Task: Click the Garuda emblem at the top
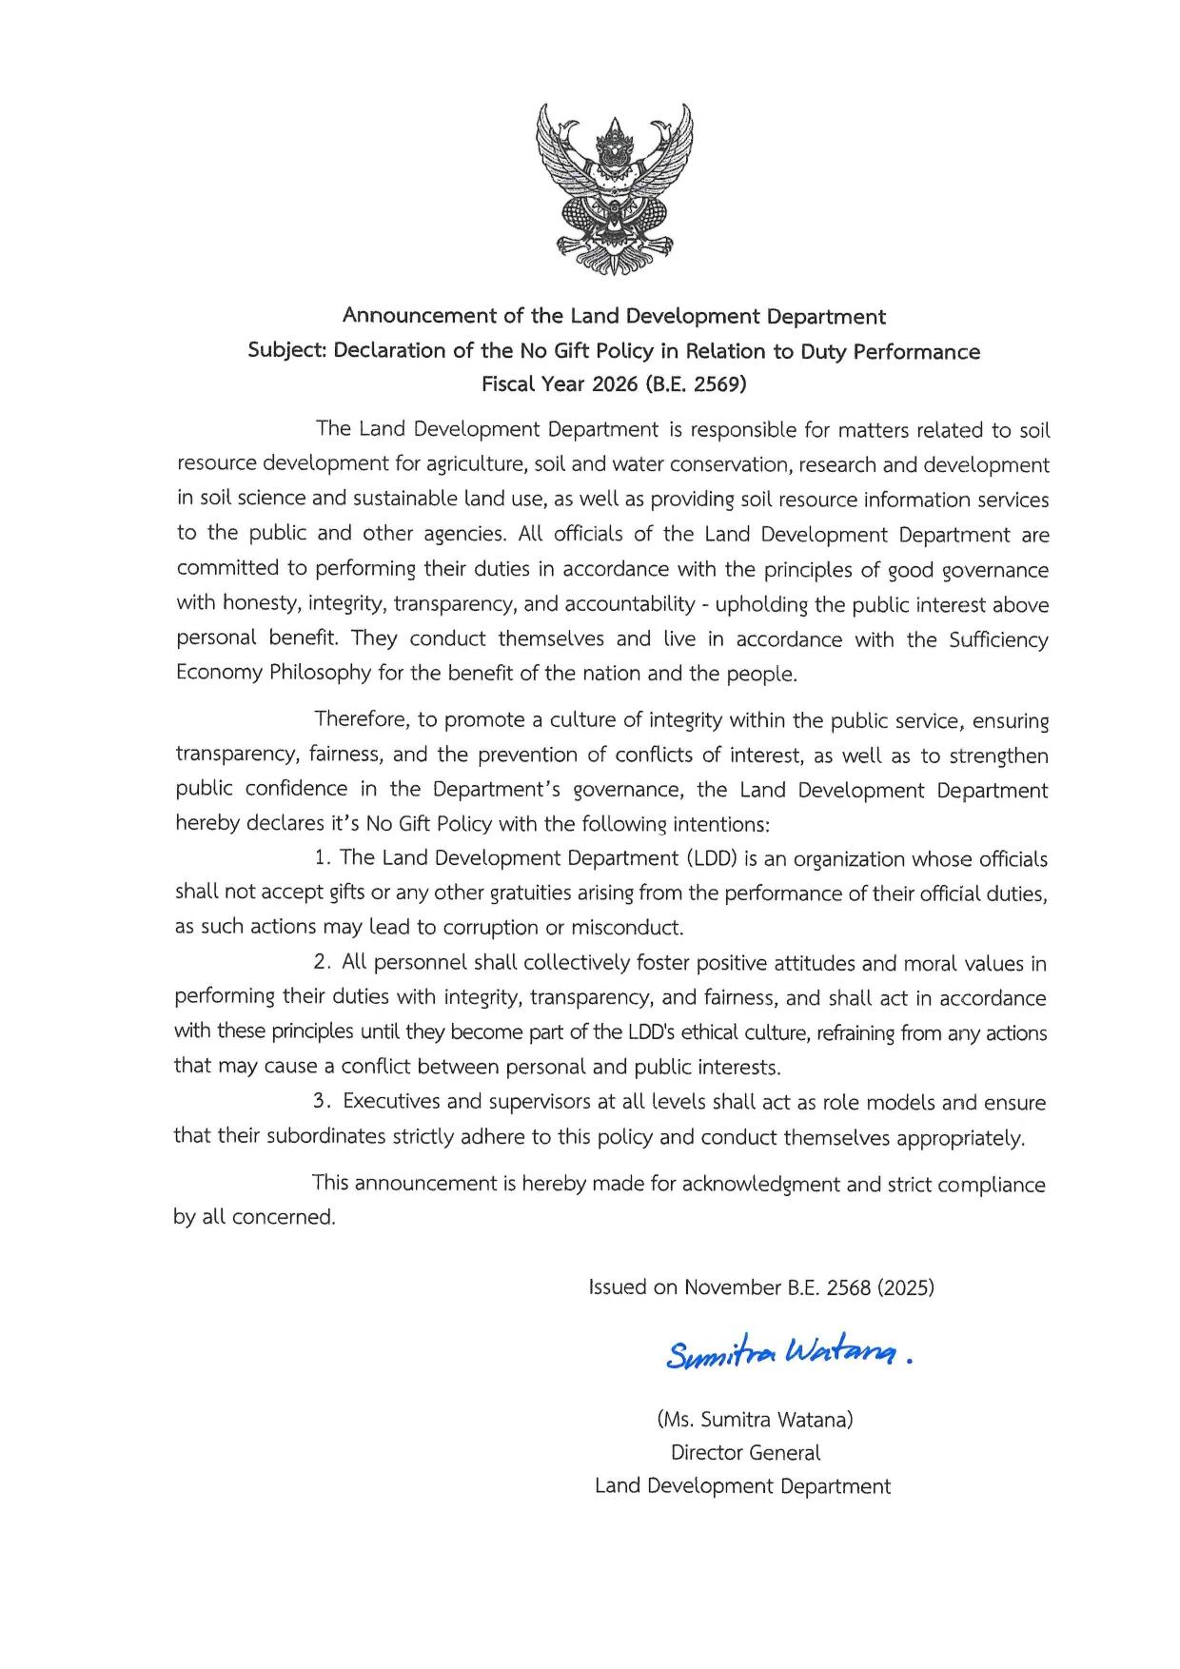(615, 189)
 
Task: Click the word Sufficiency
(998, 639)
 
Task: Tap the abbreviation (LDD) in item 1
(711, 858)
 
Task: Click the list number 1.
(321, 858)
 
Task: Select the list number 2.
(321, 963)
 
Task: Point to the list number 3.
(320, 1102)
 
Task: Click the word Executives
(391, 1102)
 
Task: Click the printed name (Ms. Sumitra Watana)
(755, 1420)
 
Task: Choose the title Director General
(745, 1453)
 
